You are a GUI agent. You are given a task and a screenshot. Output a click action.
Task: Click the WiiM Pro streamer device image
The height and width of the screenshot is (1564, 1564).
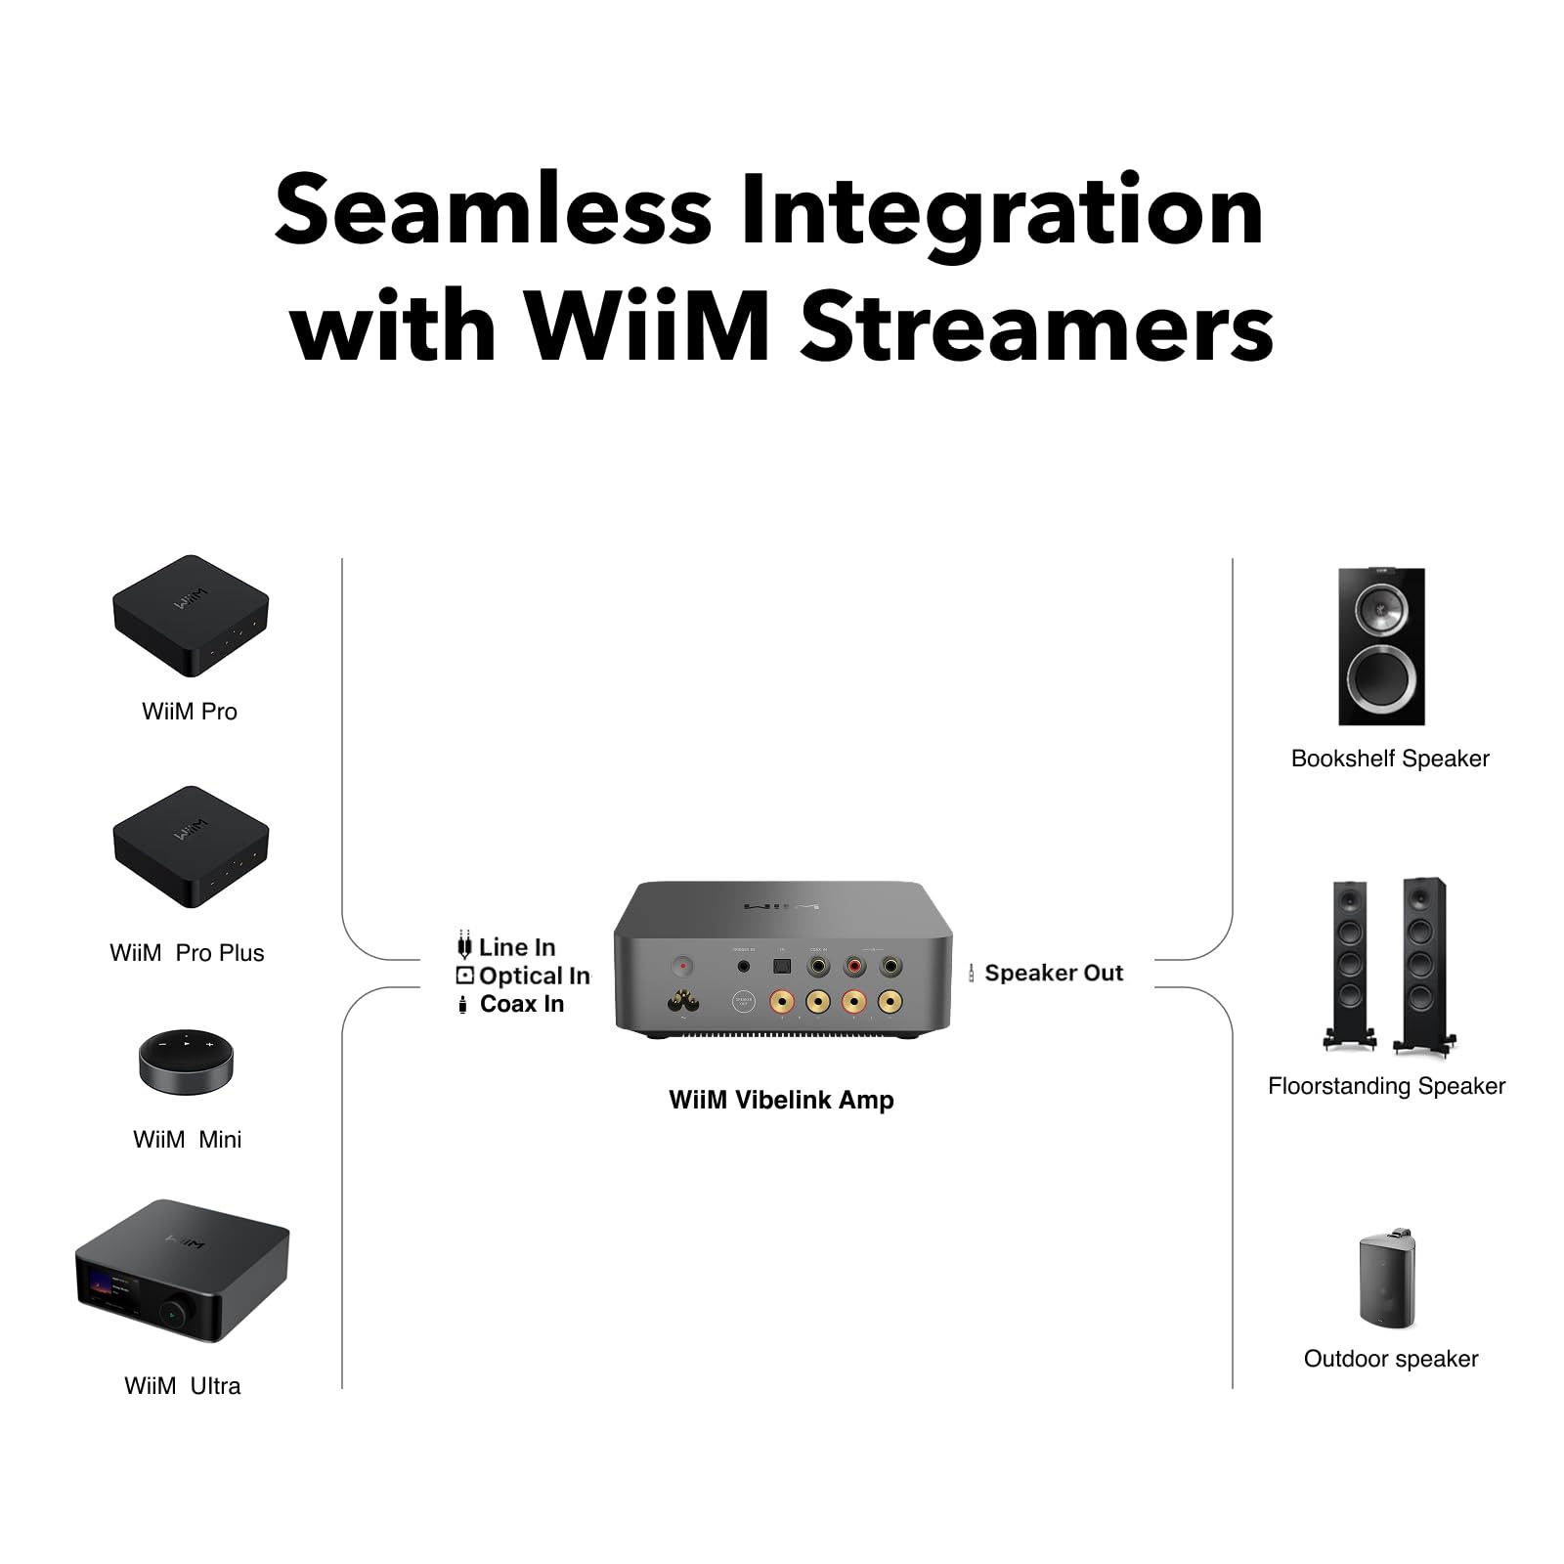click(191, 616)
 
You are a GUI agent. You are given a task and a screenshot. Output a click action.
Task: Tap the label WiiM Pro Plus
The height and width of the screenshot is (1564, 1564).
click(187, 953)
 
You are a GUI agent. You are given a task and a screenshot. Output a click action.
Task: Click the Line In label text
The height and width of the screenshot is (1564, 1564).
click(516, 947)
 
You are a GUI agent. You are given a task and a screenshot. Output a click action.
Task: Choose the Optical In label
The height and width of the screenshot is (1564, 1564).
click(534, 976)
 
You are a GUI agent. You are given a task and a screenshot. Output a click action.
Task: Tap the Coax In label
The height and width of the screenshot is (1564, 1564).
click(521, 1004)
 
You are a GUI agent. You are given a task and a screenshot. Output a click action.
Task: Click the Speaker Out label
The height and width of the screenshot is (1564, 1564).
click(1053, 973)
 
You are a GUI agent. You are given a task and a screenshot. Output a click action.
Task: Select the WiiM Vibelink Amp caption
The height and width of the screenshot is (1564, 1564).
click(781, 1100)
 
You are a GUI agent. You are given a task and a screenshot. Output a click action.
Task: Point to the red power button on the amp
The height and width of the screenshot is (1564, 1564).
click(682, 966)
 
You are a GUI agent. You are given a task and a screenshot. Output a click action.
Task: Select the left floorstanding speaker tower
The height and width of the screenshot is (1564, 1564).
click(1350, 963)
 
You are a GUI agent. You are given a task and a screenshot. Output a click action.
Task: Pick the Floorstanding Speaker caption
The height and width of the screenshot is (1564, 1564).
click(1386, 1086)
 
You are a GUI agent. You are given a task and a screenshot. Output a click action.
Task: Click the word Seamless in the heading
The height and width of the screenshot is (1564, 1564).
click(493, 210)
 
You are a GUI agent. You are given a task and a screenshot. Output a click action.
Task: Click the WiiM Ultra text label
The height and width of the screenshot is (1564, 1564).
click(182, 1386)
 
